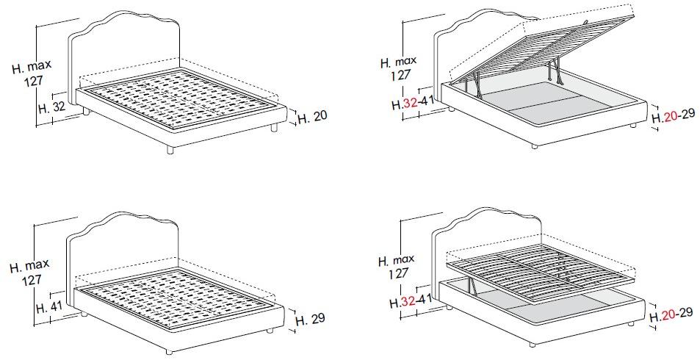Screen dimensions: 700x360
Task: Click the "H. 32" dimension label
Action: click(52, 108)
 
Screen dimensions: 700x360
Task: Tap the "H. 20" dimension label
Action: click(312, 117)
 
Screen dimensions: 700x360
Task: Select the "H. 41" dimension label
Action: click(49, 307)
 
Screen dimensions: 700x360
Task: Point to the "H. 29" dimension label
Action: click(310, 319)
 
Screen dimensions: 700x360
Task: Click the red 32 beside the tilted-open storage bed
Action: click(411, 104)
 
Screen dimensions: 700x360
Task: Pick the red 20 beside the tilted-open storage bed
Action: click(670, 117)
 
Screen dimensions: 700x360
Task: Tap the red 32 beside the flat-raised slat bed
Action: click(408, 302)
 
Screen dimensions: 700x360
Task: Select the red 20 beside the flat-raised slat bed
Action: click(668, 316)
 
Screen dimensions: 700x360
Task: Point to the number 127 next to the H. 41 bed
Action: click(32, 281)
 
